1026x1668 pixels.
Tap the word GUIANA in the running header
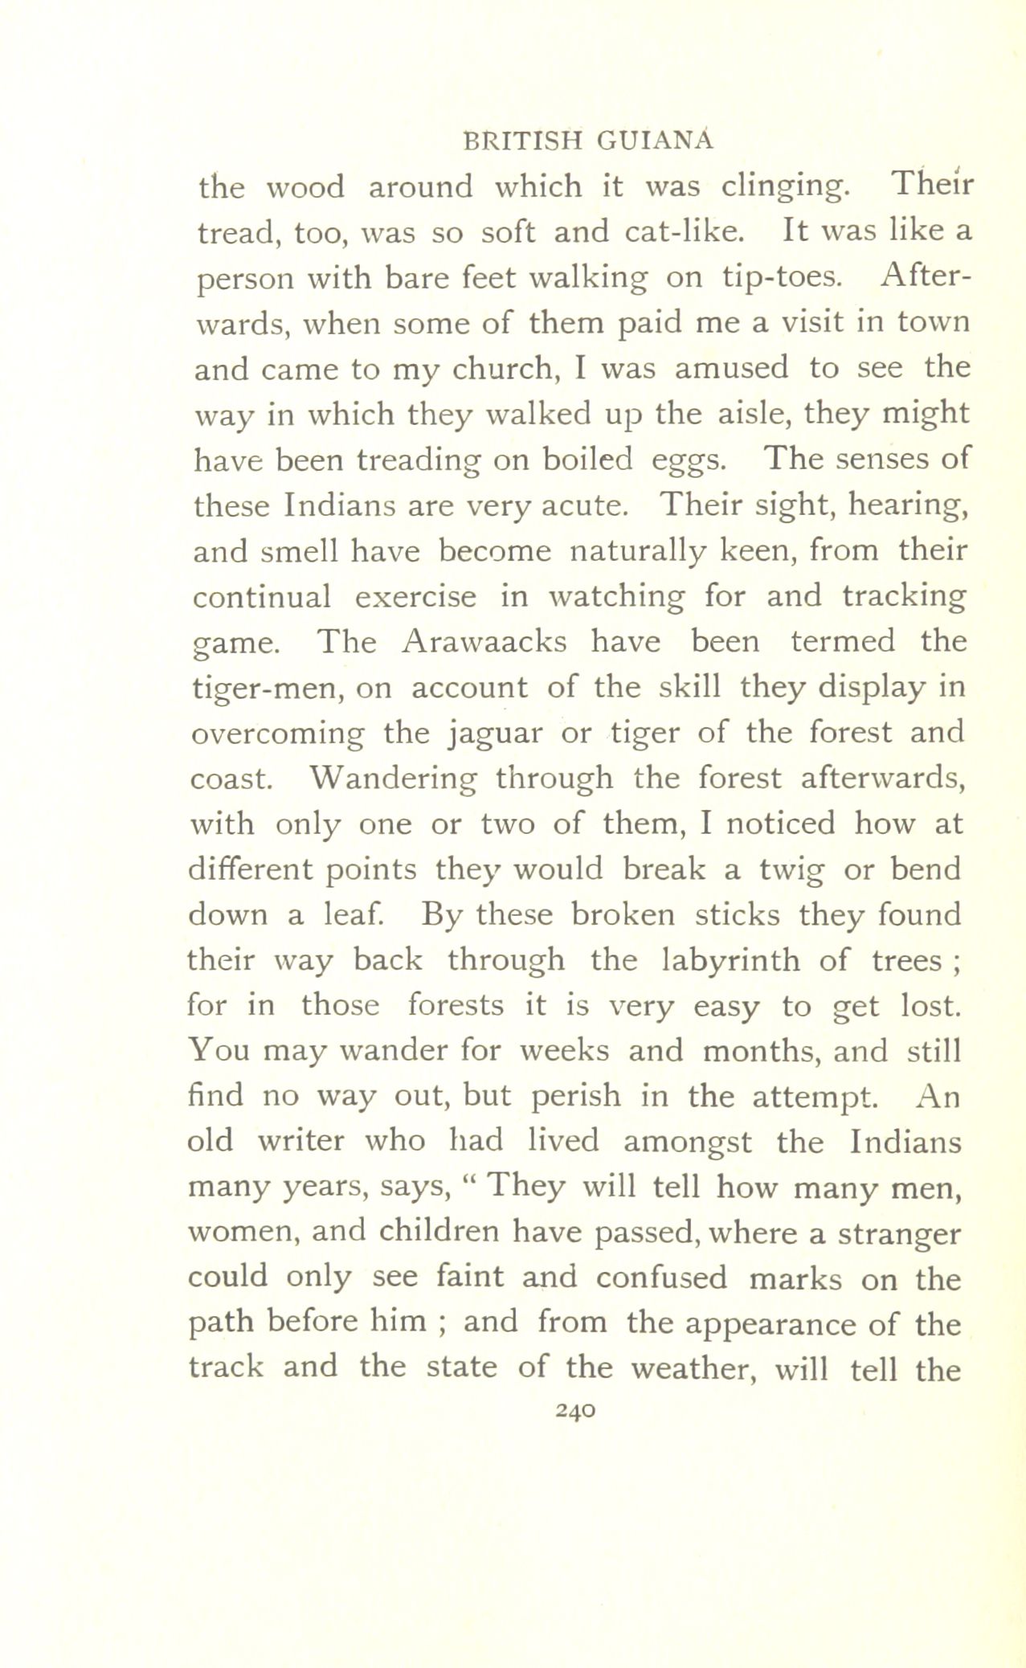pyautogui.click(x=655, y=140)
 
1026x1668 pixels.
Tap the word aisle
pyautogui.click(x=752, y=414)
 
